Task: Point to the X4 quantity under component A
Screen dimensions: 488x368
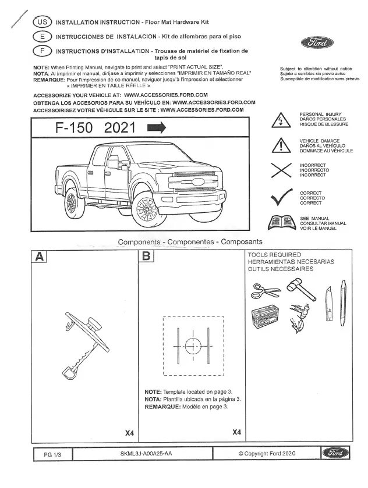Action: pyautogui.click(x=130, y=433)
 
